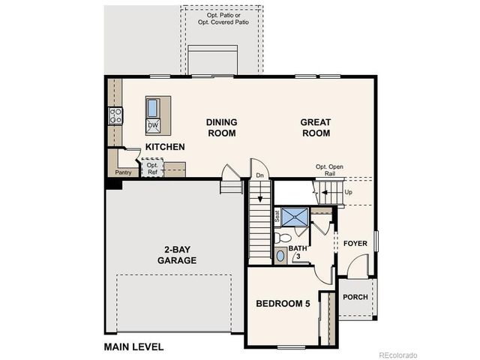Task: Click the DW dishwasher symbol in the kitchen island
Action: (152, 125)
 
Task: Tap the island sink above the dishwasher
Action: (152, 107)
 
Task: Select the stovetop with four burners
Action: (116, 115)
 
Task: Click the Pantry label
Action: (124, 172)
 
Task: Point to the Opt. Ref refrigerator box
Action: (152, 169)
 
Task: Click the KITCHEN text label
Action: (165, 147)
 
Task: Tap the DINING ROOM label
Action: (222, 127)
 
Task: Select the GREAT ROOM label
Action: (315, 127)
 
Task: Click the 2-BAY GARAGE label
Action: (177, 255)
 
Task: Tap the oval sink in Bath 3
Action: (280, 256)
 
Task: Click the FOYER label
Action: (355, 244)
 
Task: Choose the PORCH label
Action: (355, 297)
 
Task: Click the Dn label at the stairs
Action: (260, 175)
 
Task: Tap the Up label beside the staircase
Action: (347, 191)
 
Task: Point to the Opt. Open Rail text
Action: (331, 169)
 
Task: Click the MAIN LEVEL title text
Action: (133, 347)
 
